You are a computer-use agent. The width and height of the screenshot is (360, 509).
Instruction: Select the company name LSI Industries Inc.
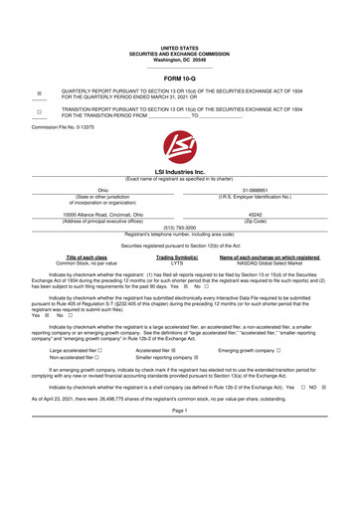pos(180,170)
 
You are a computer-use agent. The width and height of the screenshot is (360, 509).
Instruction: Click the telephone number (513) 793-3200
pos(180,226)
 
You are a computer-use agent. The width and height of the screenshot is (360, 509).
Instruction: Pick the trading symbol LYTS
pos(176,262)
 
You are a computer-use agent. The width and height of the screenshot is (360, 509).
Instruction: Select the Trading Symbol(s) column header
pos(176,255)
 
